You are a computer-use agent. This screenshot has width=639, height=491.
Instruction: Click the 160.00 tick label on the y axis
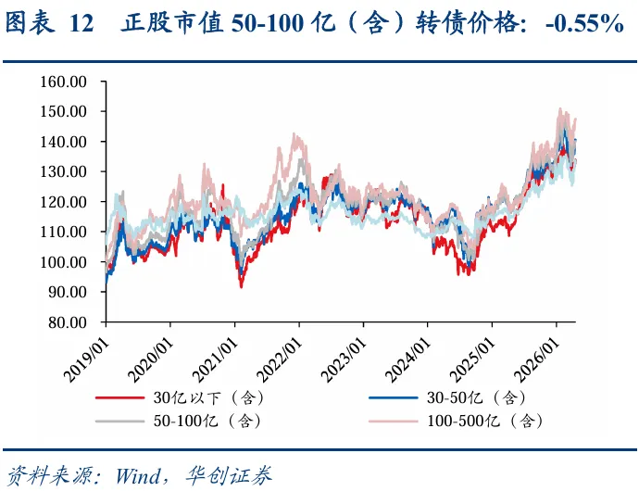point(63,82)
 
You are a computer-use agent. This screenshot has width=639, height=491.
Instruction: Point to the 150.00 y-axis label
point(63,111)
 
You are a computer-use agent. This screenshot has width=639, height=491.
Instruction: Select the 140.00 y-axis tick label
point(63,142)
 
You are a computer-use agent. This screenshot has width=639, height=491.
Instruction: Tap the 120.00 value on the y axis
point(63,202)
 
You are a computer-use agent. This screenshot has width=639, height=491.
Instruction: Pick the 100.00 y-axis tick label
point(63,262)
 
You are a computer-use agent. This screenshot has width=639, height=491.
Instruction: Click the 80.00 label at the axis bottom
point(68,322)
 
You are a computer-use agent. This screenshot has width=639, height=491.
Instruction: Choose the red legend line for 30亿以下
point(119,397)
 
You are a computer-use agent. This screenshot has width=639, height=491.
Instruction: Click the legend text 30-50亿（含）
point(476,397)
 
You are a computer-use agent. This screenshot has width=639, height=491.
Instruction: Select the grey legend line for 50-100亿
point(119,421)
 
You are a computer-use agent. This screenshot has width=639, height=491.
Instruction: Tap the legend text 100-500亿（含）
point(484,421)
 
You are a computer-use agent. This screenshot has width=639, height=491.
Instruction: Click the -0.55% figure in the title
point(584,24)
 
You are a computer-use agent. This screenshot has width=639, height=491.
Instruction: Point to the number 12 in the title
point(81,24)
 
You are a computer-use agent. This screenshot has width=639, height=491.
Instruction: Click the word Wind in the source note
point(138,475)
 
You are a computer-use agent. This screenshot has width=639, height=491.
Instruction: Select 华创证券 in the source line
point(228,475)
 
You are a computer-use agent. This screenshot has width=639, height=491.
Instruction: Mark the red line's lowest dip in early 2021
point(242,287)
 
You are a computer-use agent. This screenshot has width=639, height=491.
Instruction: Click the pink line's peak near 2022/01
point(294,133)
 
